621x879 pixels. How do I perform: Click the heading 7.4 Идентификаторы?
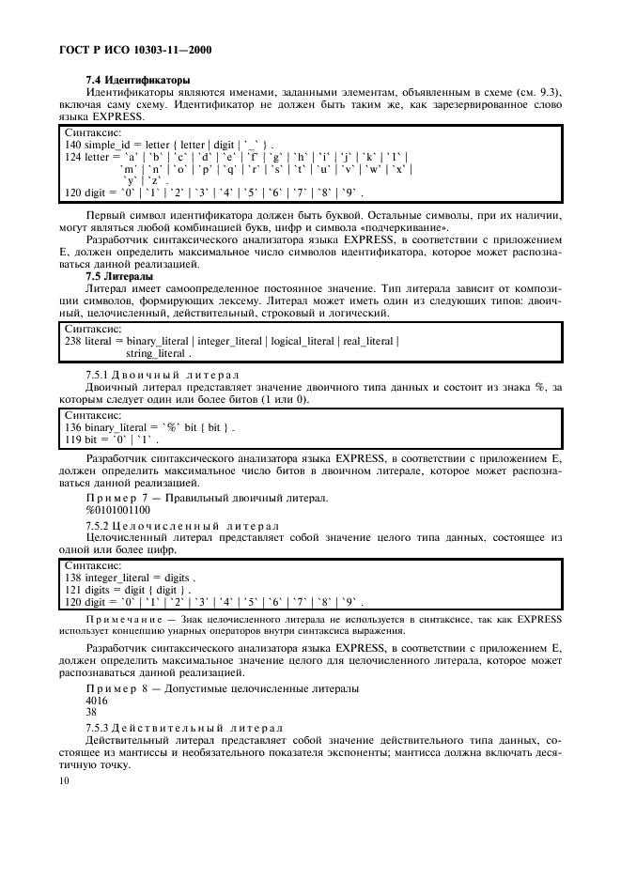[x=138, y=80]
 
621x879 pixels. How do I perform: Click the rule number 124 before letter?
[x=72, y=157]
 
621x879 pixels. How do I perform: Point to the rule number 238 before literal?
[x=72, y=341]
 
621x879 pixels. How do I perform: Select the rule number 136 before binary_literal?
[x=72, y=427]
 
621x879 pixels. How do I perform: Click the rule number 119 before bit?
[x=72, y=439]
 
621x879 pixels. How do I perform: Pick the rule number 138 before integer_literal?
[x=72, y=578]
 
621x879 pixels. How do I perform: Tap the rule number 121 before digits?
[x=72, y=589]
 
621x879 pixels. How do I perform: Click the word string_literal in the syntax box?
[x=157, y=353]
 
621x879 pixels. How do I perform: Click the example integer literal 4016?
[x=96, y=701]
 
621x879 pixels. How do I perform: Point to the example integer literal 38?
[x=91, y=712]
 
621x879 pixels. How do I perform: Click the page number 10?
[x=64, y=780]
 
